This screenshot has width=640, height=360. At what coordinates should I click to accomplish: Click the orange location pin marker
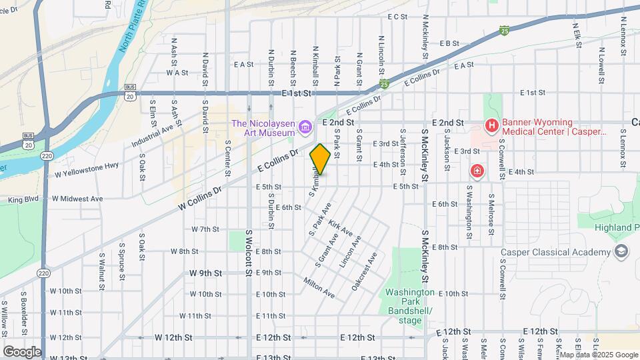click(320, 159)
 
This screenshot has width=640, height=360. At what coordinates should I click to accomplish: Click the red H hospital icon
click(491, 125)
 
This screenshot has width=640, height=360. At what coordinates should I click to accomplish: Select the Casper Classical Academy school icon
click(621, 251)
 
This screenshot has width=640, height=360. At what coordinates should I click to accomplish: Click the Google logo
click(22, 351)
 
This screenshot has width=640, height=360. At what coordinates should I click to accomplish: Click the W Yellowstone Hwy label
click(87, 169)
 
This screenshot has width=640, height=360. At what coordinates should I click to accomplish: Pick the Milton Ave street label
click(319, 288)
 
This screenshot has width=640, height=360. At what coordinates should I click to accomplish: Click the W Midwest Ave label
click(78, 199)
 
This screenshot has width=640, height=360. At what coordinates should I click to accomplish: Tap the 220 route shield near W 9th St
click(44, 273)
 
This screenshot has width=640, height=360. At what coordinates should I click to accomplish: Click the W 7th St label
click(205, 229)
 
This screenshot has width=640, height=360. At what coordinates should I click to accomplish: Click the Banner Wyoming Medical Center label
click(553, 127)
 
